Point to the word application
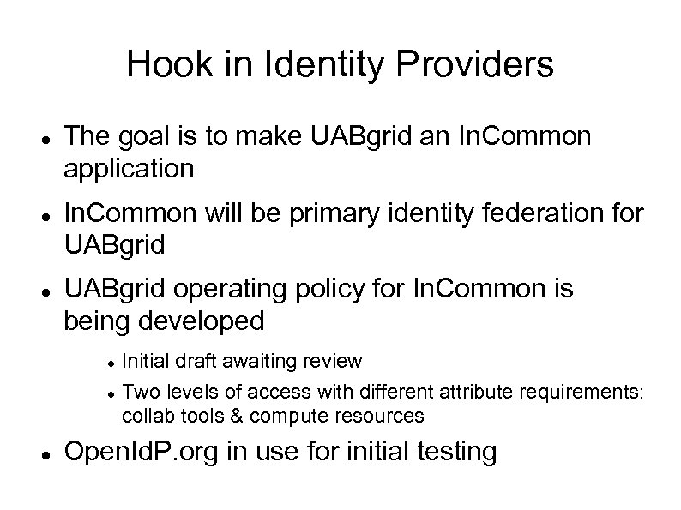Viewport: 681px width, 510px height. tap(129, 169)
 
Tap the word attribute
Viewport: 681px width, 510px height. tap(482, 393)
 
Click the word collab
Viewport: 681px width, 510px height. tap(146, 416)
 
